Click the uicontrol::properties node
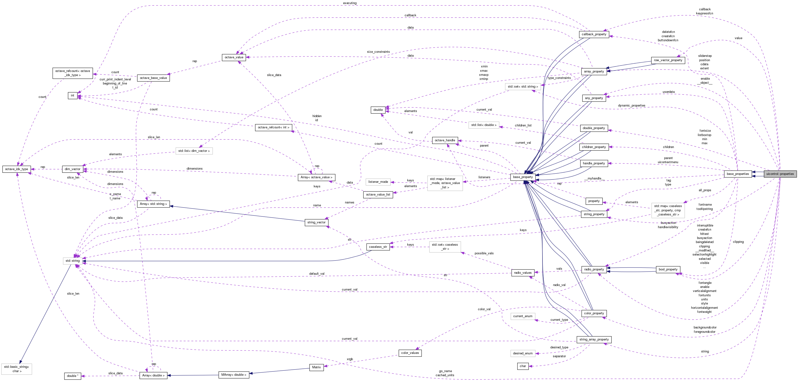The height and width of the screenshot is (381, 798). click(780, 174)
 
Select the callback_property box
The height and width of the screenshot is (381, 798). click(594, 34)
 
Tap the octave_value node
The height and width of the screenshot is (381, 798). click(234, 57)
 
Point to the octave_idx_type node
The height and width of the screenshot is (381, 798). click(16, 169)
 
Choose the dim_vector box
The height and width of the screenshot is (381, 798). click(73, 169)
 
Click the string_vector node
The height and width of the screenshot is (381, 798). click(316, 222)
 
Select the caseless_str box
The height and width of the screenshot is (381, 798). click(378, 247)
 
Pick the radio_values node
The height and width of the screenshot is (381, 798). click(523, 273)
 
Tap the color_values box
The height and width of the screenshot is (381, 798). click(410, 353)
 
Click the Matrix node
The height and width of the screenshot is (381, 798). click(316, 367)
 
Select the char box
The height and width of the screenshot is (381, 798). click(523, 366)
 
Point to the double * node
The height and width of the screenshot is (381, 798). click(73, 376)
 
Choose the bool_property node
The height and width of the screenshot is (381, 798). click(668, 269)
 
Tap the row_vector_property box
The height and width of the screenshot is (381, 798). click(668, 60)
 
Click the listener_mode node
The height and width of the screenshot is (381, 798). click(378, 182)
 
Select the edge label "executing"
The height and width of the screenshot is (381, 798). click(349, 3)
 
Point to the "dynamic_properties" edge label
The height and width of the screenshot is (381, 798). click(631, 106)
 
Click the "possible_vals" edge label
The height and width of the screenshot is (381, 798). click(484, 253)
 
